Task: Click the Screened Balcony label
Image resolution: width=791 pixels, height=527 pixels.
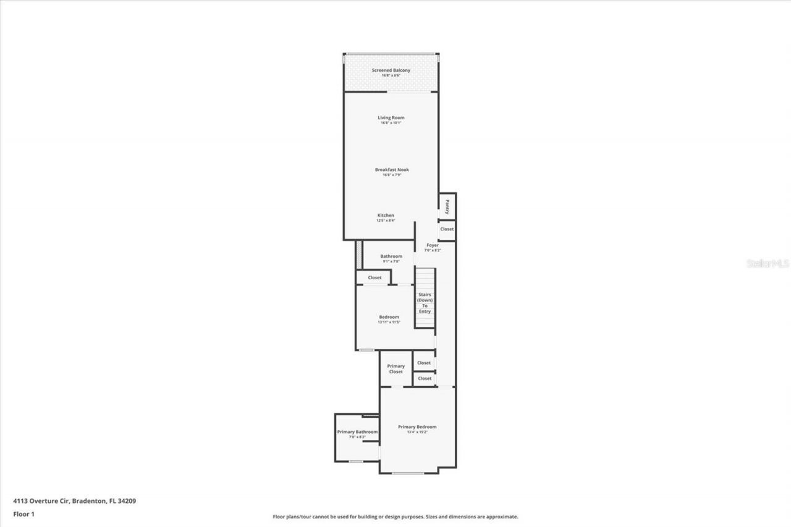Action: pos(391,70)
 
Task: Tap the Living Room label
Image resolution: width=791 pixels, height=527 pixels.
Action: pos(391,117)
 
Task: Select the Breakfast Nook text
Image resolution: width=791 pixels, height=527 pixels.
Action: pos(392,170)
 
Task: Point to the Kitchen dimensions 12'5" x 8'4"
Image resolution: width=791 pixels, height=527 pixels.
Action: pos(386,221)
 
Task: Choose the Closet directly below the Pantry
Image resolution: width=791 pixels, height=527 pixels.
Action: pos(447,229)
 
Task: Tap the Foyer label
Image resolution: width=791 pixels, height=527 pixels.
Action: pos(433,245)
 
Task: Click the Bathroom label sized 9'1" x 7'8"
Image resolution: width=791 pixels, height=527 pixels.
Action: pos(391,256)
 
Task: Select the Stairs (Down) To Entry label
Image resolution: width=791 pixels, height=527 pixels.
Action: pos(425,303)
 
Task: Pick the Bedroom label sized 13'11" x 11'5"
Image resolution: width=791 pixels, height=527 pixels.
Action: pos(389,317)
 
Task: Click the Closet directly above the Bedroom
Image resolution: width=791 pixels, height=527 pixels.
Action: pos(374,278)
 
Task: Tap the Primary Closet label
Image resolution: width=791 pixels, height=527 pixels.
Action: pos(395,369)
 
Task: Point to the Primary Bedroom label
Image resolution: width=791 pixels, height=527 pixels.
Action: pos(417,427)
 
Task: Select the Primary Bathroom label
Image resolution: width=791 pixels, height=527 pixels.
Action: pos(357,432)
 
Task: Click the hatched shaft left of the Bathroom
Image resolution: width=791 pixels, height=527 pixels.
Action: pos(358,255)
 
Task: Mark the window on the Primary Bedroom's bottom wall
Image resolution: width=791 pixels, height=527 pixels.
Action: pos(408,473)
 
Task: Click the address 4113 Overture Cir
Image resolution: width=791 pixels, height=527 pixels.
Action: pos(74,501)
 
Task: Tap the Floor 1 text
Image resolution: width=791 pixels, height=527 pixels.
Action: pos(23,513)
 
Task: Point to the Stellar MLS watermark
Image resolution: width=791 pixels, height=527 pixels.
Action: pos(768,263)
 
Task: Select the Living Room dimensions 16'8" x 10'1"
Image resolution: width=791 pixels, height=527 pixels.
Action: pos(391,123)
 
